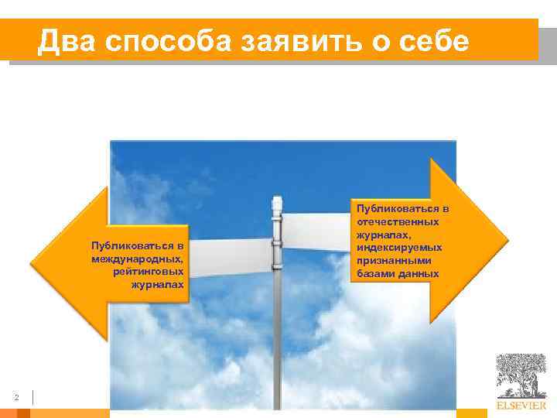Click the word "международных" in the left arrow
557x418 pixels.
(x=138, y=259)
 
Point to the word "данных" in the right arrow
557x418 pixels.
(x=420, y=274)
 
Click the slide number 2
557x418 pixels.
(x=16, y=398)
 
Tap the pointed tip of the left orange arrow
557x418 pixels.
(x=32, y=263)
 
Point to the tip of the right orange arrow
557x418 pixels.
(x=507, y=241)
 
